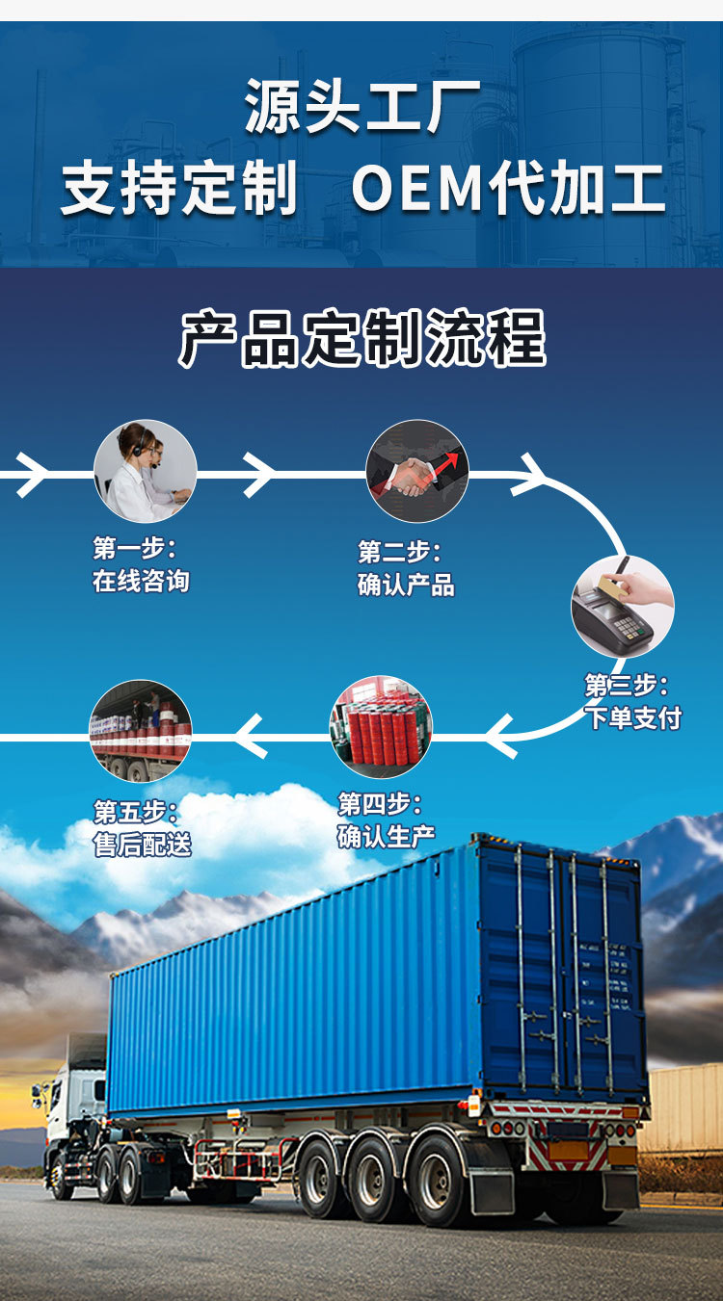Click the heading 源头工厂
(361, 107)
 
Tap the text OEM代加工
(508, 188)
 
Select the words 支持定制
(179, 188)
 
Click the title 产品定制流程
(361, 338)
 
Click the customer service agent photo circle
(146, 471)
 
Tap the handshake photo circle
(417, 471)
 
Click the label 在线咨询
(141, 582)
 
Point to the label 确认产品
(406, 585)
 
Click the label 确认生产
(386, 837)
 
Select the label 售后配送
(143, 845)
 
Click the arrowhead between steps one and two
(258, 474)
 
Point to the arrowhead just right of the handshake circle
(529, 474)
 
